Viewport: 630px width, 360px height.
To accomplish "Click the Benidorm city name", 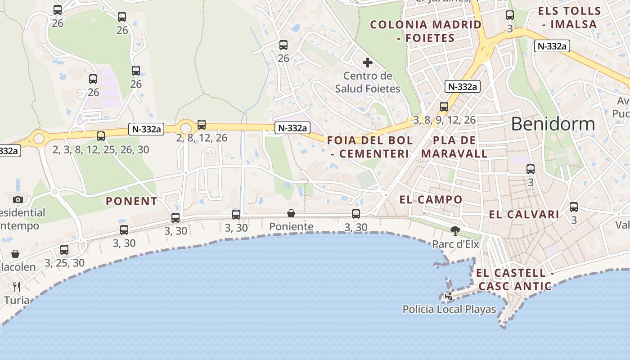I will [x=553, y=124].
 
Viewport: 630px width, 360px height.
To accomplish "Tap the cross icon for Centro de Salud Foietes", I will [x=368, y=63].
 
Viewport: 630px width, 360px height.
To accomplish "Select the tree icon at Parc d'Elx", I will [x=455, y=231].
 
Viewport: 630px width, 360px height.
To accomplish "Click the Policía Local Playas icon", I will [x=449, y=296].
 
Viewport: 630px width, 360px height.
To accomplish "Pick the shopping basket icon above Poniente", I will [x=291, y=213].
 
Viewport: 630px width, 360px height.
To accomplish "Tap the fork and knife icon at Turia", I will [x=17, y=287].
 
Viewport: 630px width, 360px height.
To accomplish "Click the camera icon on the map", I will [x=18, y=199].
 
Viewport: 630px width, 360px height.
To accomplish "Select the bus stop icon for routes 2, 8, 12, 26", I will [x=202, y=125].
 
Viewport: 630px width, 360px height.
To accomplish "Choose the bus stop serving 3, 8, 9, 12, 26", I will [x=444, y=107].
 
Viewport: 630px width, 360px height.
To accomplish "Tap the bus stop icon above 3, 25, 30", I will [x=64, y=250].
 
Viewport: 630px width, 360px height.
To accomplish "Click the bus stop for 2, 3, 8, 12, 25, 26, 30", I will [x=101, y=136].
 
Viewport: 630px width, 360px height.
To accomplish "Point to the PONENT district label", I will [x=131, y=201].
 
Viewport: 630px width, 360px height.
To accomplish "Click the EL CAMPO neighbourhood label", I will [x=431, y=199].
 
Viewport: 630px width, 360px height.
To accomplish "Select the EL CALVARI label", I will [x=524, y=215].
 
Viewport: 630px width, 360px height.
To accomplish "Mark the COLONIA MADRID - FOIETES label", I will [x=426, y=31].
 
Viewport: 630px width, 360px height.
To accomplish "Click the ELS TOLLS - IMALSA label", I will [x=570, y=18].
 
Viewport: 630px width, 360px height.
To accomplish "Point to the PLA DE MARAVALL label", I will [x=454, y=147].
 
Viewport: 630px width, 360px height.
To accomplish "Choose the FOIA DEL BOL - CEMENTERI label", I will [x=370, y=147].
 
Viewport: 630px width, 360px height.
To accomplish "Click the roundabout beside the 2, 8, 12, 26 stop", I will [x=185, y=128].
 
